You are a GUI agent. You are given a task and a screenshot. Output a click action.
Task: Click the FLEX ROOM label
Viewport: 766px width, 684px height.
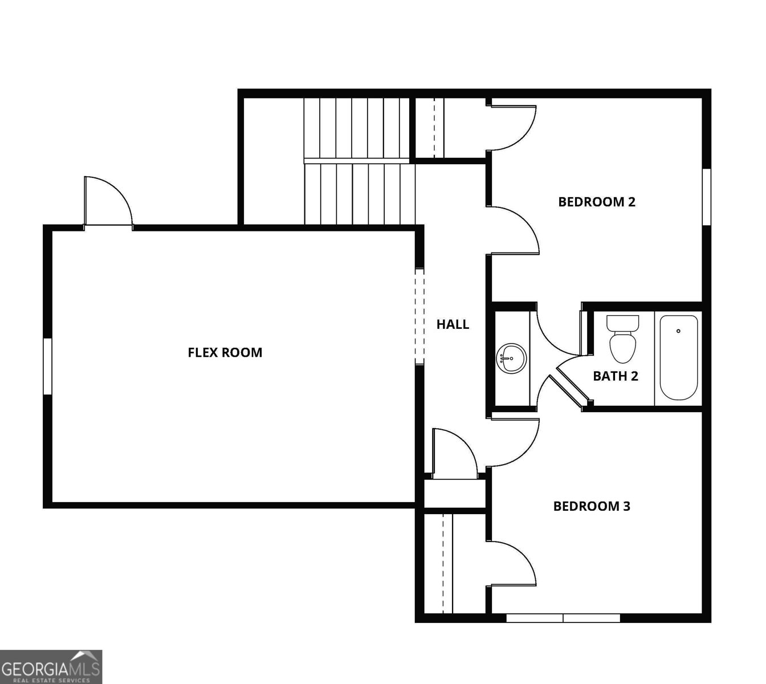[225, 352]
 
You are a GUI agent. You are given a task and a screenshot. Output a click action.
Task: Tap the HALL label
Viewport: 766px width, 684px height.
[453, 324]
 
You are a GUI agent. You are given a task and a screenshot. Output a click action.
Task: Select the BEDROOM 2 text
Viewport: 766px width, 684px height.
[597, 201]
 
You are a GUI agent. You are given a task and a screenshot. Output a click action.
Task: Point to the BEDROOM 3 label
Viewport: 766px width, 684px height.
[592, 506]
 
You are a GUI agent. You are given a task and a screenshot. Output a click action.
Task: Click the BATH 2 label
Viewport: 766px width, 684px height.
[616, 376]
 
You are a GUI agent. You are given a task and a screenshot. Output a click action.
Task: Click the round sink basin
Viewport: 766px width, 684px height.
[511, 359]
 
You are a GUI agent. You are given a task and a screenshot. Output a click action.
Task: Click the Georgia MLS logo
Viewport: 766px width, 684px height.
[51, 666]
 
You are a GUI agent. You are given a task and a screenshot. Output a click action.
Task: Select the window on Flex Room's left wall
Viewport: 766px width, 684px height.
[48, 366]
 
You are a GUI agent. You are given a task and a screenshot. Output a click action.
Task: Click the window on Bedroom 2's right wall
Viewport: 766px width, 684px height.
[706, 197]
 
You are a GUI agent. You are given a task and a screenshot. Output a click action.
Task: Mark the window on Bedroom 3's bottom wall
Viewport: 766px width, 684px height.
[563, 618]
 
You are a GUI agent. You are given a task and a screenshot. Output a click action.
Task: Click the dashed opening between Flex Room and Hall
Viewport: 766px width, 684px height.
[419, 316]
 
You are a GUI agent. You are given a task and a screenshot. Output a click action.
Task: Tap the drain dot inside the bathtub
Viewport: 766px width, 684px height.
[678, 331]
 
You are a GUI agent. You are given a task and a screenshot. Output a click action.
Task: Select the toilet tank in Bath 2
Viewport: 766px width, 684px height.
[622, 323]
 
